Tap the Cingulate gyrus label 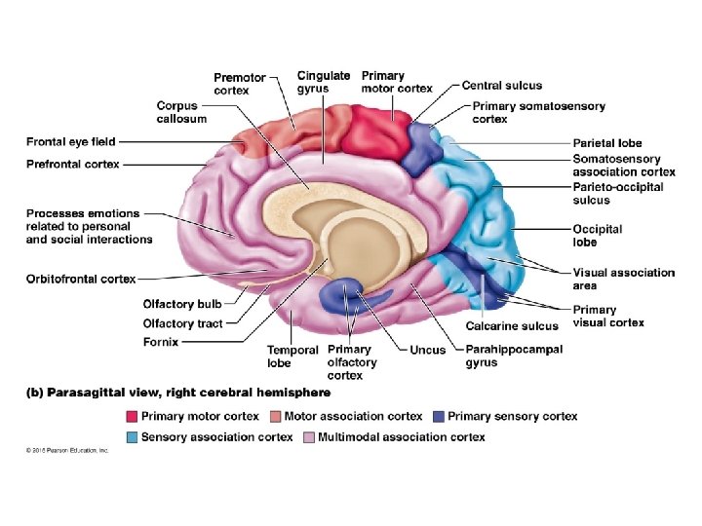click(x=324, y=82)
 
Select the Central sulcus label click(x=502, y=86)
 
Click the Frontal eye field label click(x=71, y=142)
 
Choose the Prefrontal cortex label click(x=73, y=165)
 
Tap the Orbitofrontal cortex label click(x=81, y=280)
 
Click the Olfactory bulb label click(x=182, y=304)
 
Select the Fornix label click(x=163, y=342)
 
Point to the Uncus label click(x=427, y=350)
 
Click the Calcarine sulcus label click(x=512, y=326)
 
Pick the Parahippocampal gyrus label click(x=514, y=357)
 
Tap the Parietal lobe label click(x=606, y=143)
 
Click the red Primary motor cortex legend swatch click(x=132, y=416)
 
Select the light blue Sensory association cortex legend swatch click(x=132, y=437)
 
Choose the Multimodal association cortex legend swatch click(x=308, y=437)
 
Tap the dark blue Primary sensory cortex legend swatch click(x=439, y=416)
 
